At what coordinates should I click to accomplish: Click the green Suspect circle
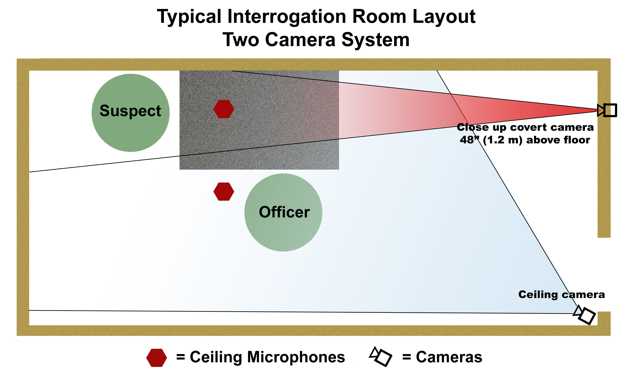[131, 113]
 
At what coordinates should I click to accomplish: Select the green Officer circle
[283, 213]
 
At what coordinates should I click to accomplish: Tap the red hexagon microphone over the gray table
[224, 109]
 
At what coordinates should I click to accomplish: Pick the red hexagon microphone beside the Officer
[224, 192]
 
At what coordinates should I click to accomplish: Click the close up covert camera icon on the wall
[607, 110]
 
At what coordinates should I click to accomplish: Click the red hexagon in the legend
[157, 358]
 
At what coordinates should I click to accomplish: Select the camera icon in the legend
[381, 357]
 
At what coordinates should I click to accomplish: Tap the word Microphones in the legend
[296, 357]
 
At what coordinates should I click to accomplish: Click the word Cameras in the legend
[449, 357]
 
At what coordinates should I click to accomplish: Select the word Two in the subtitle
[241, 40]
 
